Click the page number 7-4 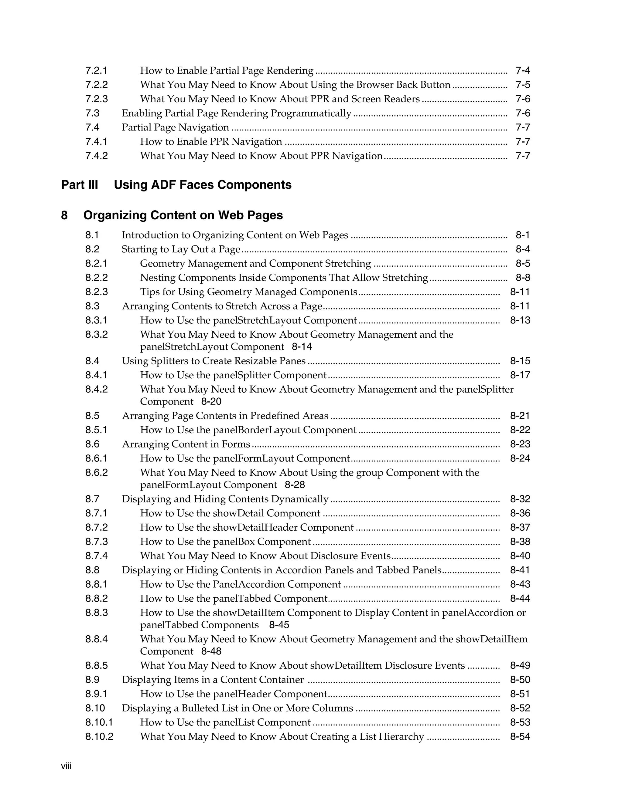[x=522, y=70]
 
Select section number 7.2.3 [x=97, y=99]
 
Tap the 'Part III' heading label [x=80, y=184]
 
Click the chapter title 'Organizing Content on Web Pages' [x=183, y=215]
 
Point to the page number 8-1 [x=522, y=235]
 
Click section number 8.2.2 [x=97, y=278]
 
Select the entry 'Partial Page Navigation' [x=176, y=127]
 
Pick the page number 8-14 [x=302, y=347]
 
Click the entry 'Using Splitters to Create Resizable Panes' [x=214, y=361]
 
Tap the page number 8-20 [x=211, y=401]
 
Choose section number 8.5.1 [x=97, y=430]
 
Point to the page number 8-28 [x=295, y=485]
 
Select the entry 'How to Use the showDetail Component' [x=230, y=513]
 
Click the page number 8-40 [x=520, y=556]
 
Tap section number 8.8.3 [x=97, y=613]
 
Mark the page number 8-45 [x=279, y=625]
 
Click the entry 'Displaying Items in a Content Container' [x=213, y=680]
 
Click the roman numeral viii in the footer [x=66, y=766]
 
